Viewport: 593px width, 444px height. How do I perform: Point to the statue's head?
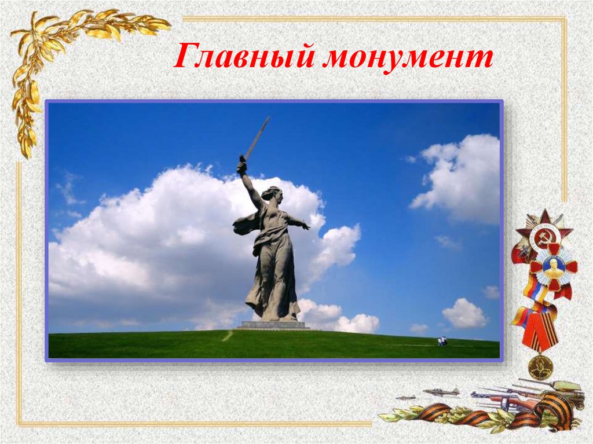click(x=270, y=193)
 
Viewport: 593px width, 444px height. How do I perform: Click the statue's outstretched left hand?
click(x=305, y=226)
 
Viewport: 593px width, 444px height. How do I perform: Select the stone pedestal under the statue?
click(x=273, y=325)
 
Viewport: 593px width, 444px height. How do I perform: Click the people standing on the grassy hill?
click(x=442, y=341)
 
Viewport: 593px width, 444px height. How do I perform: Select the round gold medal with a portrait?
click(x=540, y=367)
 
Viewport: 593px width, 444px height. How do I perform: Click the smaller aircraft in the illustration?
click(x=405, y=398)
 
